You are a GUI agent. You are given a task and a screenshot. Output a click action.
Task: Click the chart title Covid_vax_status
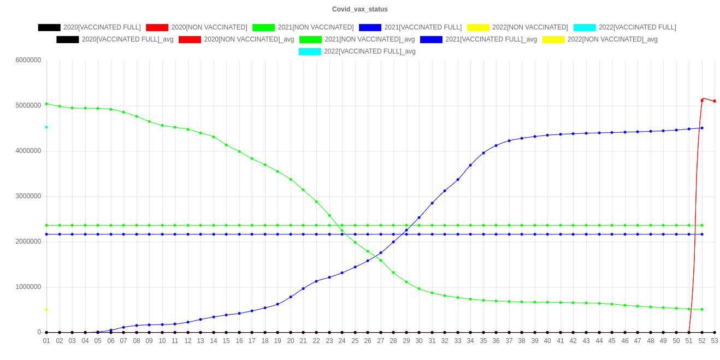coord(360,9)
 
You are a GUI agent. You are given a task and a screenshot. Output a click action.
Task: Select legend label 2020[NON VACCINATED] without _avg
coord(209,27)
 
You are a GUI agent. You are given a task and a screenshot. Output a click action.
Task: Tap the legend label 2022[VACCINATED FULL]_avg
coord(370,51)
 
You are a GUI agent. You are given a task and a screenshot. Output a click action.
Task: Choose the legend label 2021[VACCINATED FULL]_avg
coord(491,39)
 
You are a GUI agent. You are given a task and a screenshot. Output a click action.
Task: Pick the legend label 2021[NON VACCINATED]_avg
coord(369,39)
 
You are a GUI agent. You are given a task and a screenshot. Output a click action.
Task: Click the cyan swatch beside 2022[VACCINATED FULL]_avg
coord(310,51)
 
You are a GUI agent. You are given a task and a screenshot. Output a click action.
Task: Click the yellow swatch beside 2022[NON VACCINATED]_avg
coord(553,39)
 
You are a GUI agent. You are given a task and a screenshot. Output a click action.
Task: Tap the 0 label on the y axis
coord(39,332)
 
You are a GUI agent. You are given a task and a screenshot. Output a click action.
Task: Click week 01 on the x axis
coord(46,341)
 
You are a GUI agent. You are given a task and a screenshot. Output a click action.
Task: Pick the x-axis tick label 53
coord(714,341)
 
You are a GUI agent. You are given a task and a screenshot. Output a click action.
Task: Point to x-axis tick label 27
coord(381,341)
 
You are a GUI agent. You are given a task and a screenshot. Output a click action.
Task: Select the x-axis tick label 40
coord(547,341)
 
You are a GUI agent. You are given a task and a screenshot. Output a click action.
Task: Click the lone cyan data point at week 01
coord(46,127)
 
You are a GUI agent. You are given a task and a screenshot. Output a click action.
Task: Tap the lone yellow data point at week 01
coord(46,310)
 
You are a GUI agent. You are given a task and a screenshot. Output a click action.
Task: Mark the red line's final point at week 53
coord(715,101)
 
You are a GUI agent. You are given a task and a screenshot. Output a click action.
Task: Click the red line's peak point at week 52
coord(702,100)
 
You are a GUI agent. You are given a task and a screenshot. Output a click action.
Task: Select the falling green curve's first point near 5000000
coord(46,104)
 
